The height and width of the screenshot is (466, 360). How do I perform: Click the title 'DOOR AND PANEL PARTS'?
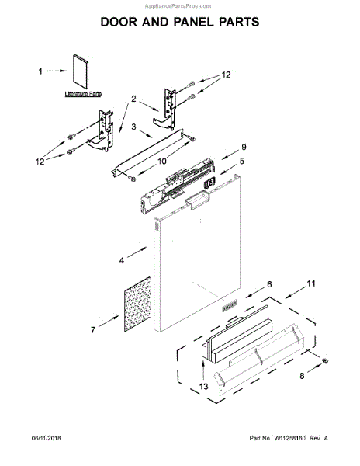[x=180, y=23]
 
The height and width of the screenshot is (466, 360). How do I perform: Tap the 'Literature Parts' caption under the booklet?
[x=83, y=93]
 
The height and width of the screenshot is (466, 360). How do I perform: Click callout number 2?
[x=133, y=99]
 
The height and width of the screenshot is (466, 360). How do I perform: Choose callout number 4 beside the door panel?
[x=121, y=262]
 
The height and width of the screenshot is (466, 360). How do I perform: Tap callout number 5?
[x=241, y=162]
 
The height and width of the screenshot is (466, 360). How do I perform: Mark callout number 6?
[x=269, y=286]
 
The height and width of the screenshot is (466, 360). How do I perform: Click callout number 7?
[x=93, y=330]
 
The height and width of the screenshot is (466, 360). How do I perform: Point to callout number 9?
[x=242, y=146]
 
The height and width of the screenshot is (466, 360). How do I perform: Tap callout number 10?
[x=162, y=162]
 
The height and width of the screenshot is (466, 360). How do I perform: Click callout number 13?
[x=205, y=388]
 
